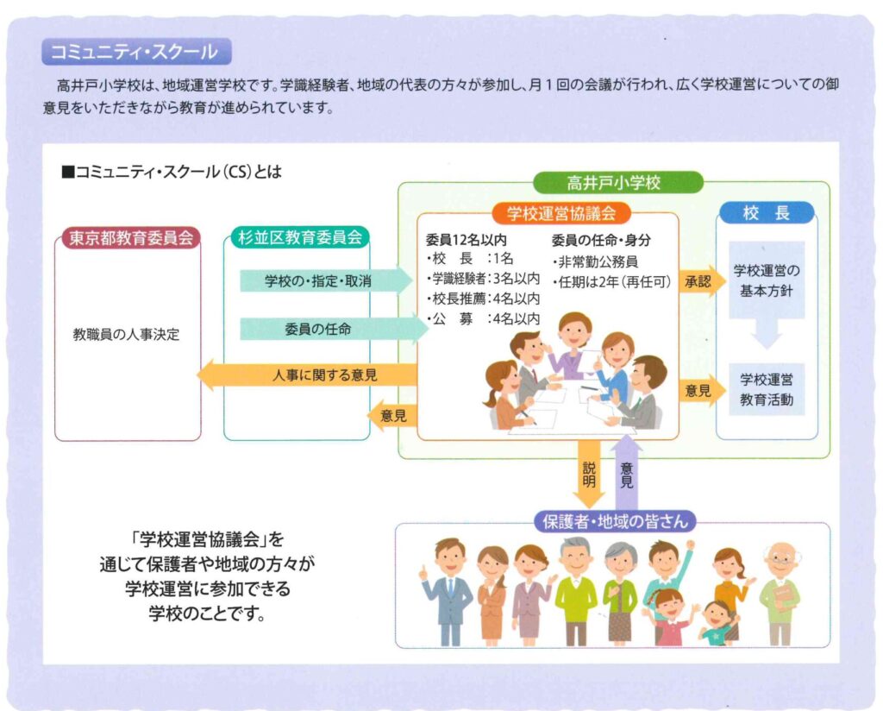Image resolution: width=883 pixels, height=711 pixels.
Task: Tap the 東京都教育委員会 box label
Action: click(129, 237)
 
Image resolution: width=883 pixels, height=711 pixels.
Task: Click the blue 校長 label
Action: click(766, 213)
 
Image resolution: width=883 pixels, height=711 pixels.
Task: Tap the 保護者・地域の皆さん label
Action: click(614, 521)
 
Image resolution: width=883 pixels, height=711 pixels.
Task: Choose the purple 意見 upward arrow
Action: click(627, 471)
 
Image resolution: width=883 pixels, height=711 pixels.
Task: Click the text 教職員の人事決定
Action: click(126, 334)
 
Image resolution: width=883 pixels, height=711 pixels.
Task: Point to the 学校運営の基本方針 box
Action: click(767, 280)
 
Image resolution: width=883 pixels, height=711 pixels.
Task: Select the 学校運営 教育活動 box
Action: click(767, 389)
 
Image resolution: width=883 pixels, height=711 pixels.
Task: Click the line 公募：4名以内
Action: click(483, 318)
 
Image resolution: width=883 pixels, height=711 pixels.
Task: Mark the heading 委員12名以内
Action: click(466, 239)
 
